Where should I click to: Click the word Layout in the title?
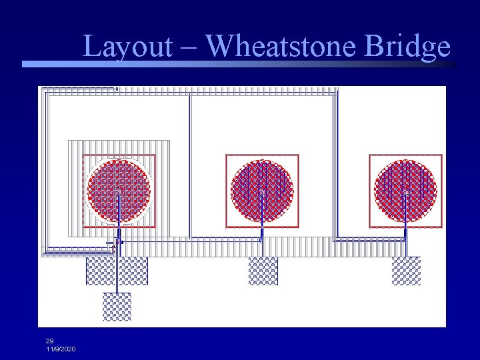tap(127, 46)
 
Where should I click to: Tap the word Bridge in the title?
tap(408, 46)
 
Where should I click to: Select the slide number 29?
tap(50, 341)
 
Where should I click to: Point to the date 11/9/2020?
tap(61, 349)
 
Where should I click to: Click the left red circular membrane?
tap(119, 191)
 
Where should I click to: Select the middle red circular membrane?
tap(262, 191)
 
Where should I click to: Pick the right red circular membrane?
tap(405, 191)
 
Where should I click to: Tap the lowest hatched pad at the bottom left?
tap(117, 307)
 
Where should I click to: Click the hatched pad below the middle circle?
tap(263, 271)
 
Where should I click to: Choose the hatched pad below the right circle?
tap(406, 271)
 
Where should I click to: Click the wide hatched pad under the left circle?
tap(117, 271)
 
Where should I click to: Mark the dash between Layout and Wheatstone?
tap(188, 47)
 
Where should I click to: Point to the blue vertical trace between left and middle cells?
tap(190, 167)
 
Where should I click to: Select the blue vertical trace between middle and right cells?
tap(335, 167)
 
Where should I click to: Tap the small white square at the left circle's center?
tap(119, 192)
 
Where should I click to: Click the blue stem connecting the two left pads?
tap(117, 288)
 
